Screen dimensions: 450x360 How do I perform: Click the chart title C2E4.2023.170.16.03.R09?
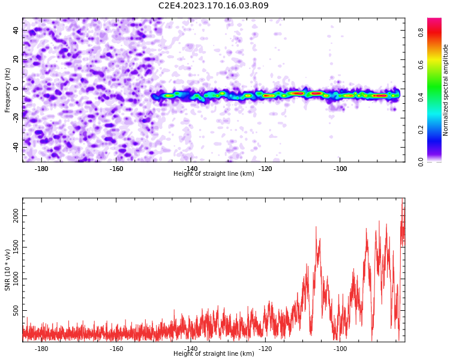click(x=214, y=5)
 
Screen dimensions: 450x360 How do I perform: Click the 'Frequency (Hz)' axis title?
click(x=7, y=90)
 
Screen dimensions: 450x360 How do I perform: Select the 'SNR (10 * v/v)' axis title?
click(x=7, y=270)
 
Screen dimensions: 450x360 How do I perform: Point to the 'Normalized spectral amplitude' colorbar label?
click(x=445, y=90)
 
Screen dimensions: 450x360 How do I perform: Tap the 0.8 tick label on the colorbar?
click(x=421, y=33)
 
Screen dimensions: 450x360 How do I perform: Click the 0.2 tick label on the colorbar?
click(x=421, y=130)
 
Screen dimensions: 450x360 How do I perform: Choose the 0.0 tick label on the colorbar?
click(x=421, y=162)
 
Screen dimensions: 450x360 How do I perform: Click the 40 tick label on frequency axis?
click(x=16, y=30)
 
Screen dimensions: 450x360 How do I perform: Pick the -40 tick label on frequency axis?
click(x=16, y=148)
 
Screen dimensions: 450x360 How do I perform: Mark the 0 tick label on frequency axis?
click(x=16, y=89)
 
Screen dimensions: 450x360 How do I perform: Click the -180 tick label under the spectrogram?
click(x=41, y=169)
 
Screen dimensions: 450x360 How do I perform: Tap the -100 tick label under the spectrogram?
click(x=340, y=169)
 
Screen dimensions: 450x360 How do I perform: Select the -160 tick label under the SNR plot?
click(x=116, y=349)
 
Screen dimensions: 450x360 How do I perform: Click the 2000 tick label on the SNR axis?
click(x=16, y=215)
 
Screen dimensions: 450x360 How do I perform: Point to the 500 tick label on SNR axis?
click(x=16, y=310)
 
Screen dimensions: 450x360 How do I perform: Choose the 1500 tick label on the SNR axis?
click(x=16, y=247)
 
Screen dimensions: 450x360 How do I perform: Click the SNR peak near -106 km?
click(x=316, y=227)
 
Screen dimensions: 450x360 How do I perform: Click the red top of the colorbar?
click(x=434, y=19)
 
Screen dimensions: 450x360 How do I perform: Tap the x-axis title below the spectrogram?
click(x=214, y=173)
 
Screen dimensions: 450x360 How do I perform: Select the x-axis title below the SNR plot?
click(x=214, y=353)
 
